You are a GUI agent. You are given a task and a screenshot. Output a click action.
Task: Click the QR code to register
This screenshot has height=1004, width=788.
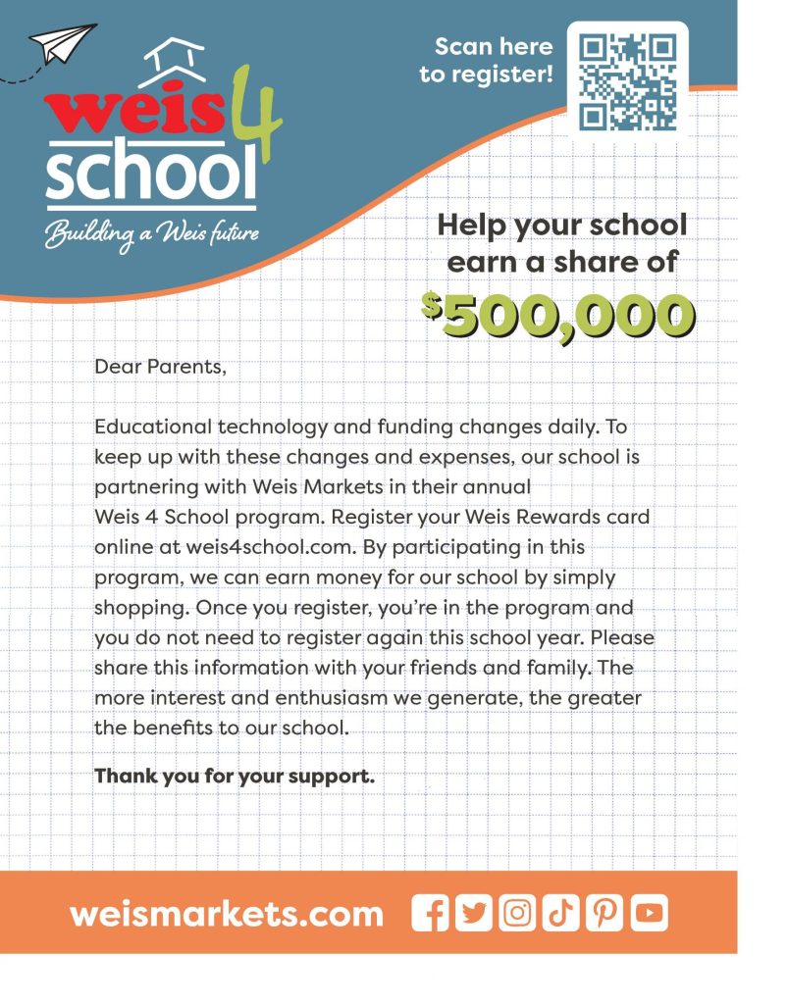pos(628,82)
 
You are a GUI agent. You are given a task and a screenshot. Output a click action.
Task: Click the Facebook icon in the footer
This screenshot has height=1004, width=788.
pos(430,913)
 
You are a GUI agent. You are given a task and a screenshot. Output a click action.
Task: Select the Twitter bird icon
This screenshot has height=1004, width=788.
pos(474,913)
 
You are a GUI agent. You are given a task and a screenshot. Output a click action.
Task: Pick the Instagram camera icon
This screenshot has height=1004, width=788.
pos(517,913)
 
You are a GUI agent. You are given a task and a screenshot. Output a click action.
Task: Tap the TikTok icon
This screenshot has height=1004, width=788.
pos(560,913)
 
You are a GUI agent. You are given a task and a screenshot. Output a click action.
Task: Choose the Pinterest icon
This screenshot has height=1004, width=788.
pos(604,913)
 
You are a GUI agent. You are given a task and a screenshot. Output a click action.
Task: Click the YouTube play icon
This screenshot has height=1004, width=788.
pos(649,913)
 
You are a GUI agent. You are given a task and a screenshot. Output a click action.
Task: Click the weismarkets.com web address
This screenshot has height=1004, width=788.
pos(227,914)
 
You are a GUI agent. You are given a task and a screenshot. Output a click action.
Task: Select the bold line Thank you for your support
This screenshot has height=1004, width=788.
pos(235,776)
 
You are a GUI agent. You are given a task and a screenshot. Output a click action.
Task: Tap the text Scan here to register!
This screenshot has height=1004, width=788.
pos(487,59)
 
